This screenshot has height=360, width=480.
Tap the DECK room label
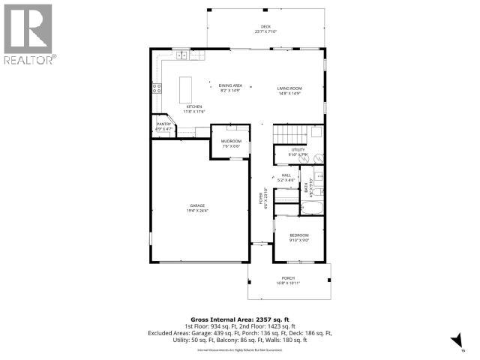pos(265,26)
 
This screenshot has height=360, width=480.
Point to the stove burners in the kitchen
pos(157,87)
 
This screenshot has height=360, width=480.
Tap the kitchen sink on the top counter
pos(181,54)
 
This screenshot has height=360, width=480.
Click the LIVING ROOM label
pos(289,88)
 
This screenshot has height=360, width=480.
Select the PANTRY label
pos(163,124)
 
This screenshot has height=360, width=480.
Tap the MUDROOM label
pos(231,141)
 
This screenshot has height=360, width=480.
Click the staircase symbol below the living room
pos(289,134)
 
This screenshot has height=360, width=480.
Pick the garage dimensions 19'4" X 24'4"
pos(197,211)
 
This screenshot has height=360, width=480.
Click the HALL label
pos(285,175)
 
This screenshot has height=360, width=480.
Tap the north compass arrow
pos(454,342)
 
